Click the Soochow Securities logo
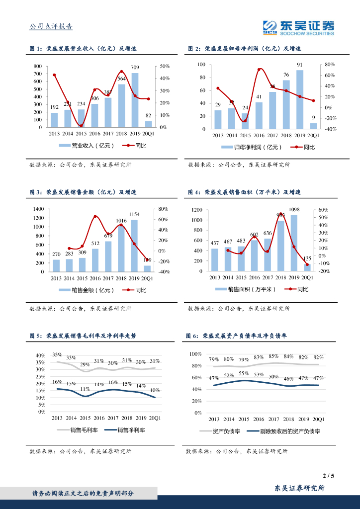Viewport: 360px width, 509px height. [298, 28]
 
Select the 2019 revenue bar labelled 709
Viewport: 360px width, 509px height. [135, 100]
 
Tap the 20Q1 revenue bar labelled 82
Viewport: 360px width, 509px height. [149, 124]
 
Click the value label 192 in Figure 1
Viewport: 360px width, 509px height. [54, 107]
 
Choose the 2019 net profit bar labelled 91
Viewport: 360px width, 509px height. [299, 99]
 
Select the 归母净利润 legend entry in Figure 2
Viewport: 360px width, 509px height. [252, 147]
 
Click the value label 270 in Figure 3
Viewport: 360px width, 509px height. [56, 254]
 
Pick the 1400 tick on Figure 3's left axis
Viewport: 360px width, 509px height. [38, 209]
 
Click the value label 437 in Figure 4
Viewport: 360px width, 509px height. [215, 243]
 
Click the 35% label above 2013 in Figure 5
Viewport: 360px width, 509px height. [57, 355]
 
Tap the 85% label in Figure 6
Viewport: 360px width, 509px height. [273, 356]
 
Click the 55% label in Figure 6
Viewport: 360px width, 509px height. [244, 373]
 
